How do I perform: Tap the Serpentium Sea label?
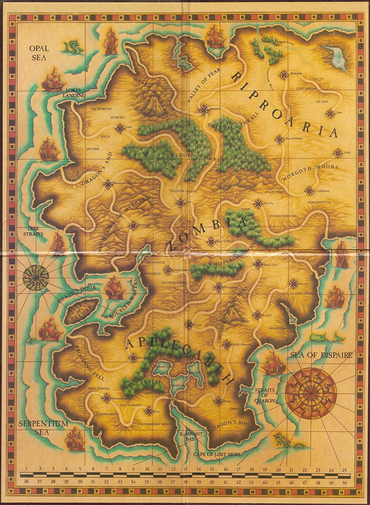[36, 427]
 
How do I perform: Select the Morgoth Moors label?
[310, 174]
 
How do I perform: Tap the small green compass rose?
[36, 274]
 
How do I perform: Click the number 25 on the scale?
[344, 470]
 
